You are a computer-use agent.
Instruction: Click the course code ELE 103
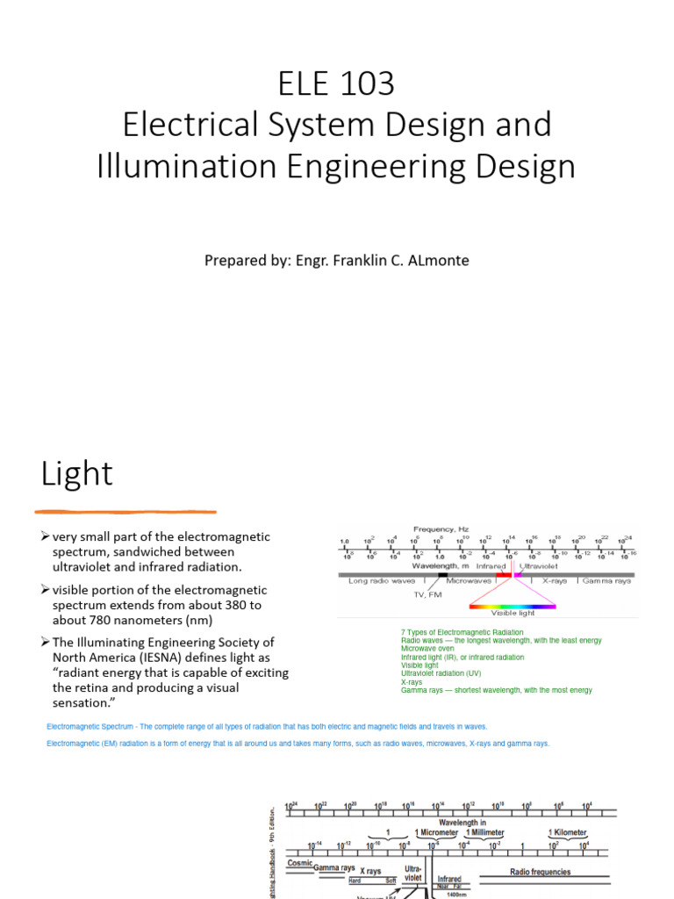[336, 83]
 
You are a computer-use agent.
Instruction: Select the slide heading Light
[77, 474]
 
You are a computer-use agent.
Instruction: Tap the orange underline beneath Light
[125, 511]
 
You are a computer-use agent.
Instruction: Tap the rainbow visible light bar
[513, 606]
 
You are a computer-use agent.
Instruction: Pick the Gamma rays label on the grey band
[606, 580]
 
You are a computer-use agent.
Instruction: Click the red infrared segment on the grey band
[504, 574]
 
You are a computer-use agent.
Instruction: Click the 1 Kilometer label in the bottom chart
[568, 832]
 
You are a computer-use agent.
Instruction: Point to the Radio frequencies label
[540, 872]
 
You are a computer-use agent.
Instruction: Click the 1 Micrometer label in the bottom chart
[436, 832]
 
